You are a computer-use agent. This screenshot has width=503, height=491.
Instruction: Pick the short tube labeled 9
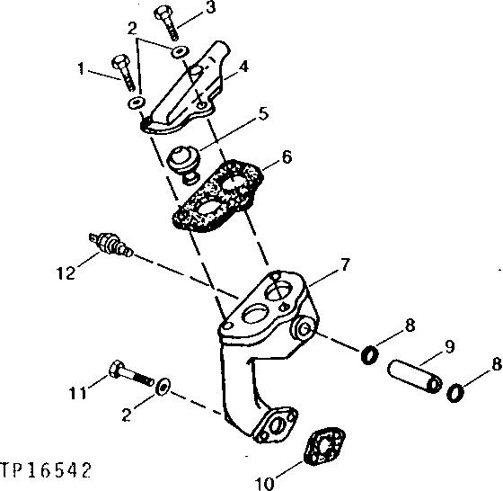pos(416,376)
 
